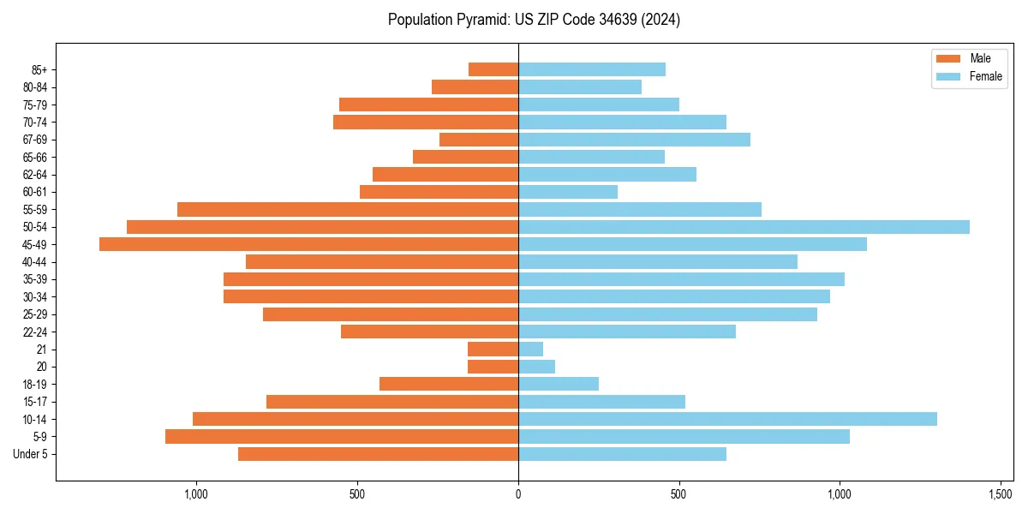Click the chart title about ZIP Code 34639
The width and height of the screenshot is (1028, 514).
click(x=534, y=20)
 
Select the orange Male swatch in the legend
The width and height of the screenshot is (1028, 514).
click(x=948, y=58)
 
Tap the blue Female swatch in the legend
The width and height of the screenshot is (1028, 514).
click(x=948, y=76)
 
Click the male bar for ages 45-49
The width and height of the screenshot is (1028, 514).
click(x=308, y=244)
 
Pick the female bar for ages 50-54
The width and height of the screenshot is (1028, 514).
click(x=744, y=227)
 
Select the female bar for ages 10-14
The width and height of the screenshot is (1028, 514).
click(x=727, y=419)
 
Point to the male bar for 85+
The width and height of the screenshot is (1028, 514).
click(x=493, y=69)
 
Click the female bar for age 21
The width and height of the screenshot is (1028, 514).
click(x=530, y=350)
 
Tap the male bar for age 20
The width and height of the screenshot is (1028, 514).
click(x=493, y=367)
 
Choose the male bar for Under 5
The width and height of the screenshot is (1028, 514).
click(x=378, y=454)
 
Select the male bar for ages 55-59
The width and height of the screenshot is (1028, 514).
click(x=348, y=209)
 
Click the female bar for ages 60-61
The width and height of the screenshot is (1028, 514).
click(x=568, y=192)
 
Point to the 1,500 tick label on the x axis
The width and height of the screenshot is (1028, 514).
click(x=1001, y=494)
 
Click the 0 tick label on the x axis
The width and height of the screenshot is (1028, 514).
click(x=518, y=494)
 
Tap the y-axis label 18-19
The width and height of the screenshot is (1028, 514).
click(x=35, y=385)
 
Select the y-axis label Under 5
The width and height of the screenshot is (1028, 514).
click(x=31, y=454)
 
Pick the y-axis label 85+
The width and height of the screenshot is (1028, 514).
click(x=39, y=69)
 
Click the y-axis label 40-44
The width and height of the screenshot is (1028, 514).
click(x=35, y=262)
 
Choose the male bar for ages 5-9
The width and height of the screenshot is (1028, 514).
click(x=342, y=437)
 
